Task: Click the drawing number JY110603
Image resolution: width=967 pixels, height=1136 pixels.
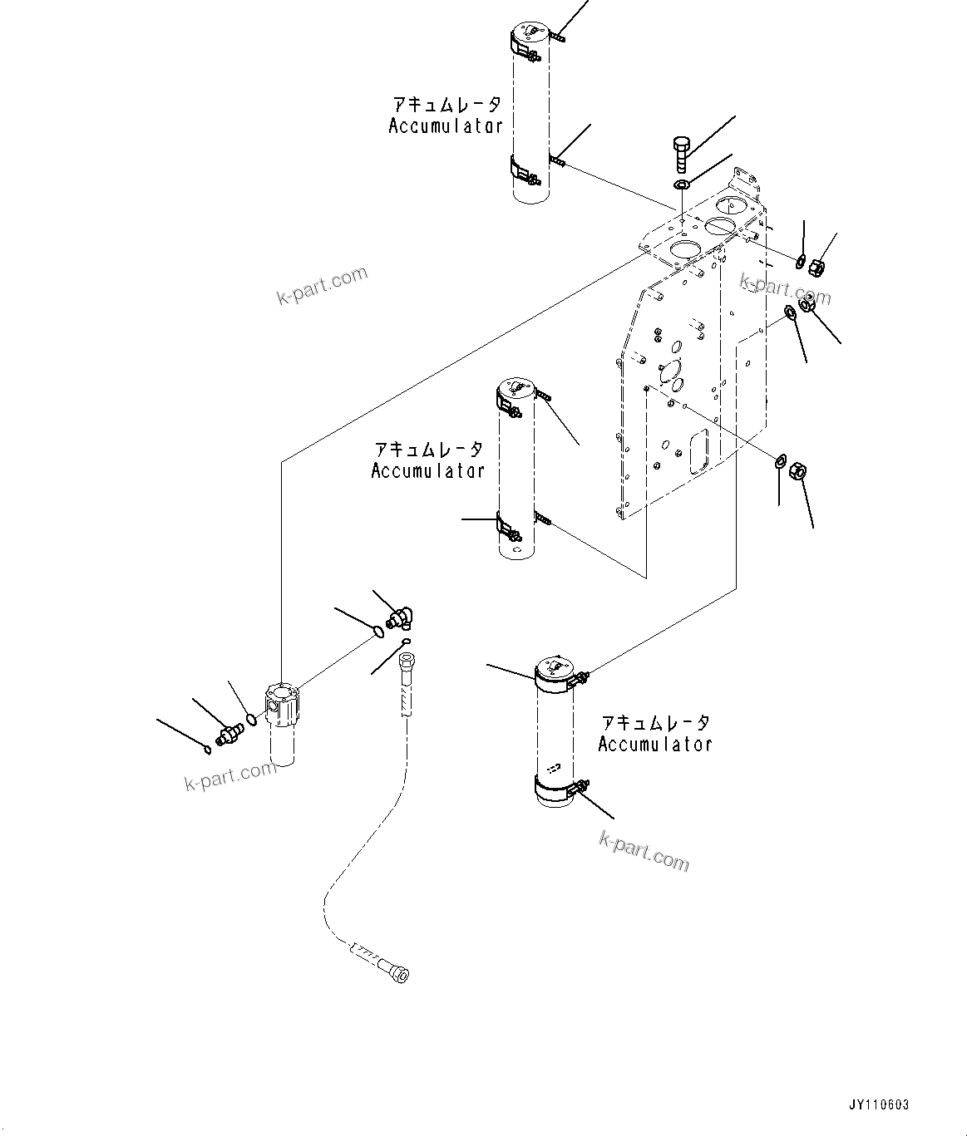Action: pos(879,1105)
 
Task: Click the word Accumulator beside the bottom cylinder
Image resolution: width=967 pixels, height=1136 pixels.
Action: pos(654,745)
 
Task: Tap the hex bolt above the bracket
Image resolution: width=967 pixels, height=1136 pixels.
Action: pos(679,154)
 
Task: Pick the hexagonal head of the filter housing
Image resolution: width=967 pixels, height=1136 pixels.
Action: pos(280,698)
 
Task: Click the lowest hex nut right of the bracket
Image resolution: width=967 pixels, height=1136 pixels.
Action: pos(796,471)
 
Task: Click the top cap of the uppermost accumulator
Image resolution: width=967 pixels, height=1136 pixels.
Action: pos(527,33)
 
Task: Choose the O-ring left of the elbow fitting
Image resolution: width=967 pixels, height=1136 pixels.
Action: pos(378,632)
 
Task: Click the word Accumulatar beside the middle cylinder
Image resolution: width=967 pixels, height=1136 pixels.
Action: pos(427,470)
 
